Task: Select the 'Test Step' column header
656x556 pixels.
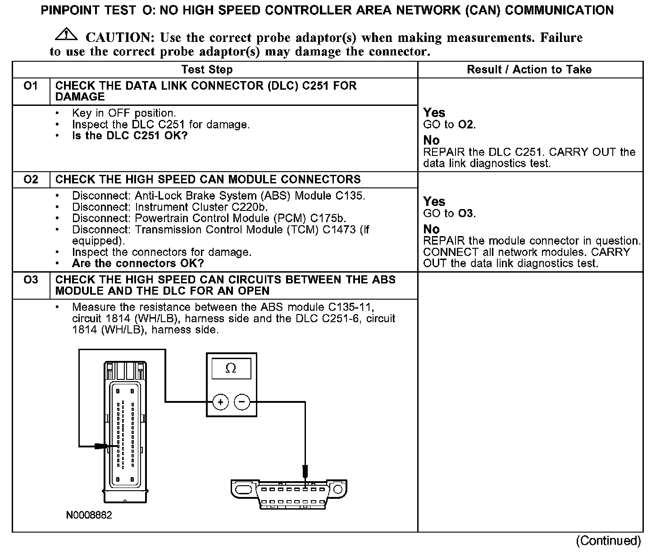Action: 207,69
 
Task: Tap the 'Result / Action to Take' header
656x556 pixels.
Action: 529,69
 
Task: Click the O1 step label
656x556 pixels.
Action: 31,86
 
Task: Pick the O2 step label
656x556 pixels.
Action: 31,179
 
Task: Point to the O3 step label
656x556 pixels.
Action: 31,280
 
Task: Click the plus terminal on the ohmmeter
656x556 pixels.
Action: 220,402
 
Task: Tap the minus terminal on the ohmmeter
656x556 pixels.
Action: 242,402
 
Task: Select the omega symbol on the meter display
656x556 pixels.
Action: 230,369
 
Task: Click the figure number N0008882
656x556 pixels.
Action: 89,515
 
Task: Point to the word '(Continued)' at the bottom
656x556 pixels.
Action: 608,540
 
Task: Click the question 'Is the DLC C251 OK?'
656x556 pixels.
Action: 129,136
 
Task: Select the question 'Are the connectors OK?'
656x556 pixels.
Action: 138,263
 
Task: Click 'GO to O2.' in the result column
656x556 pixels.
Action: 449,124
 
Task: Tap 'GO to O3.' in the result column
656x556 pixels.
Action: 449,213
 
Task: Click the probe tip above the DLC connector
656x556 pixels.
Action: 305,471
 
